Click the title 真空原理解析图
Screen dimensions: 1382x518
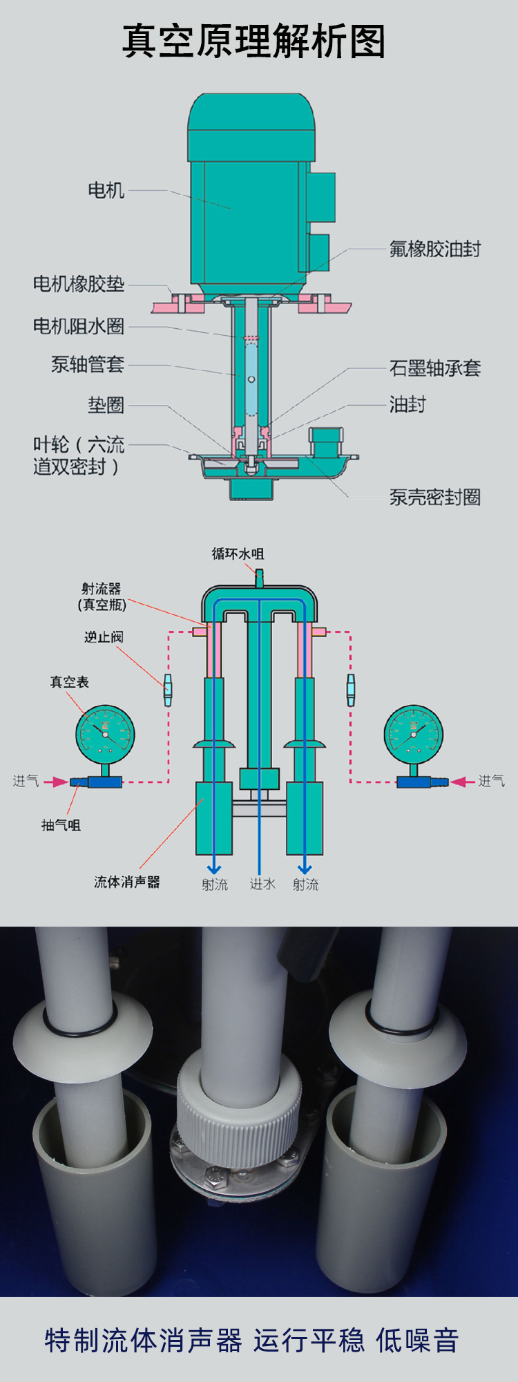tap(253, 41)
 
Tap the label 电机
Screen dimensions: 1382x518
tap(106, 190)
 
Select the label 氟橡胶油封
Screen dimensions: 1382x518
tap(434, 249)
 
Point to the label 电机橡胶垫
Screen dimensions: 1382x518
tap(79, 284)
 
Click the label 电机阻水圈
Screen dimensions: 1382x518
tap(79, 326)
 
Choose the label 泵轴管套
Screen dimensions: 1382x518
tap(88, 364)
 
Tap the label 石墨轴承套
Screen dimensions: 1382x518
tap(434, 368)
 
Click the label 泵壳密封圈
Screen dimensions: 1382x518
tap(434, 497)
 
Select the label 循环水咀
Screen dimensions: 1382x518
tap(238, 553)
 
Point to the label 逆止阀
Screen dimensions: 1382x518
tap(104, 636)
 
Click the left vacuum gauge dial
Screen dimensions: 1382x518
tap(105, 734)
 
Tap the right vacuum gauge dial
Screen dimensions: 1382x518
tap(413, 734)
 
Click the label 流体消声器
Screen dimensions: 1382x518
tap(127, 882)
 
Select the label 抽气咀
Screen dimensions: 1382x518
tap(61, 824)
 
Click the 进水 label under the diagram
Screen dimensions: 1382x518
tap(262, 884)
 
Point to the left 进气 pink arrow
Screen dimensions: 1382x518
tap(55, 782)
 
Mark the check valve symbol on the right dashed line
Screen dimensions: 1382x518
tap(351, 690)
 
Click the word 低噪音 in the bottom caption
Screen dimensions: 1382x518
tap(417, 1340)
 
